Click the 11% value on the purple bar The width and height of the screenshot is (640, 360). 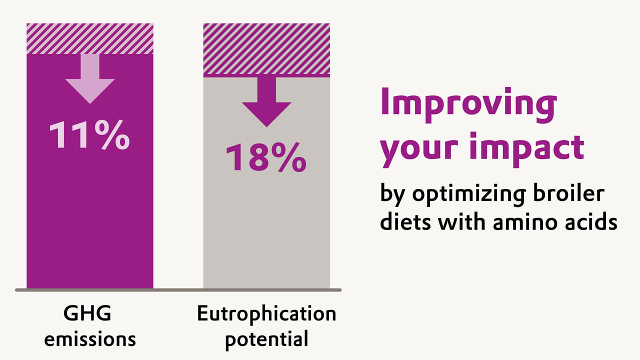click(x=89, y=135)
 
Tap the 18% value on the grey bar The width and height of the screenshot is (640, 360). click(x=266, y=157)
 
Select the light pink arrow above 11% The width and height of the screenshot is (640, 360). click(x=90, y=80)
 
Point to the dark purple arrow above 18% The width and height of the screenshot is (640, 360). click(x=266, y=102)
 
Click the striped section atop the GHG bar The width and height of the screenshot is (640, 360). click(x=90, y=38)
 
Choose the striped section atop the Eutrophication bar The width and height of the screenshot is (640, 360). click(x=266, y=49)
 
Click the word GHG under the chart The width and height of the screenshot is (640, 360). click(x=87, y=314)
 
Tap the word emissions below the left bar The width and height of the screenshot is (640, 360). click(x=90, y=339)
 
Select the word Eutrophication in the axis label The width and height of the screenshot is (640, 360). click(x=266, y=314)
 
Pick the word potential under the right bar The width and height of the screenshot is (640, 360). click(x=266, y=339)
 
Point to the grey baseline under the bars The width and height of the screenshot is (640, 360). click(x=178, y=289)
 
